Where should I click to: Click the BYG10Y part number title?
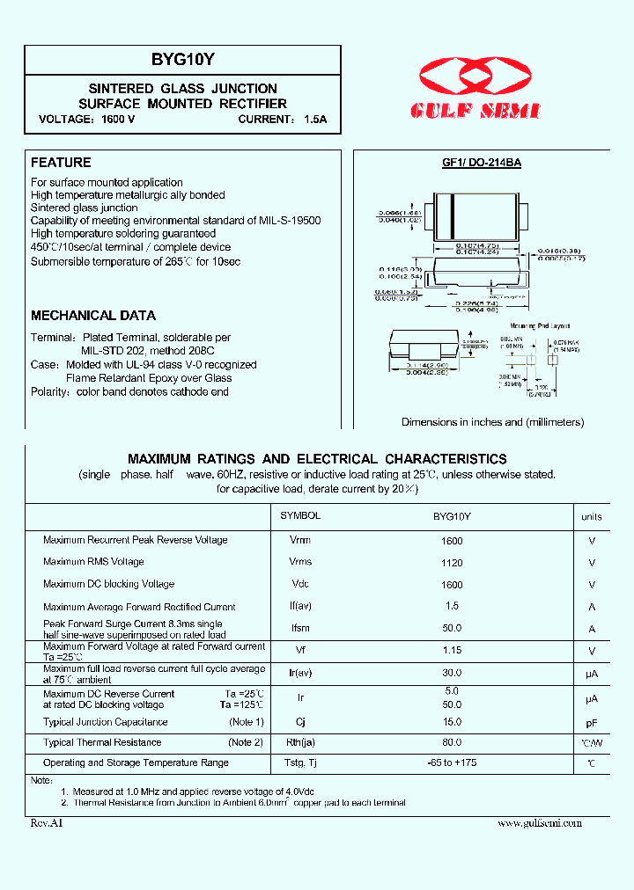click(182, 60)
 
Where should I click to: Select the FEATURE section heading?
click(61, 163)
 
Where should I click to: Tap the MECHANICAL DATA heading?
click(93, 316)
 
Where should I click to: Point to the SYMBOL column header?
click(299, 517)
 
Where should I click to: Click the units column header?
click(592, 517)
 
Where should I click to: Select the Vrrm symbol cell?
click(299, 540)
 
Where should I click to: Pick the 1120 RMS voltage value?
click(452, 563)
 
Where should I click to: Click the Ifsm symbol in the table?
click(299, 629)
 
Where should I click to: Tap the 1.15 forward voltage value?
click(452, 651)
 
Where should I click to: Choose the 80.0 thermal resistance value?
click(452, 742)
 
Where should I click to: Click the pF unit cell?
click(592, 722)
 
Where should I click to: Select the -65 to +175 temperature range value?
click(452, 762)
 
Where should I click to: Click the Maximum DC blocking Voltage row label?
click(108, 584)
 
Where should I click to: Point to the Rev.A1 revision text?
click(47, 823)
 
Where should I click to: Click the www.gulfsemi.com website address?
click(540, 823)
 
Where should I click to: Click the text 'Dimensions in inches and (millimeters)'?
click(492, 422)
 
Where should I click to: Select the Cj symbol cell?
click(299, 722)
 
